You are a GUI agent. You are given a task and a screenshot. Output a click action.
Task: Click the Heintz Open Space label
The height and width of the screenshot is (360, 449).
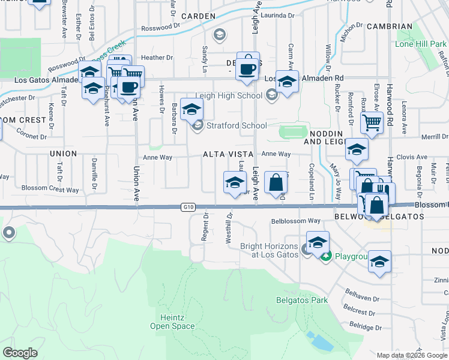coord(173,322)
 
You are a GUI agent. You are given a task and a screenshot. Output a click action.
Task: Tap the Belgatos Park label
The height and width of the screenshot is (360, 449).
coord(294,299)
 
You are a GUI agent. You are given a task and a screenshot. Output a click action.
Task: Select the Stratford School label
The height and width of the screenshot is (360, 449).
coord(237,125)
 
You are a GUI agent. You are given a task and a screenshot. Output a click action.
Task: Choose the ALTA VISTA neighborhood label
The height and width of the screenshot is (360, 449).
coord(228,154)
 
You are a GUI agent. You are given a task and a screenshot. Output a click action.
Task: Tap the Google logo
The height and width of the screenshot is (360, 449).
coord(20,353)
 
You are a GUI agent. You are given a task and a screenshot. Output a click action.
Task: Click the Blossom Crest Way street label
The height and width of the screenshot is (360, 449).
coord(50,190)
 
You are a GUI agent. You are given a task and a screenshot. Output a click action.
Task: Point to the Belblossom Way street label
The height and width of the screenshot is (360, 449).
coord(295,221)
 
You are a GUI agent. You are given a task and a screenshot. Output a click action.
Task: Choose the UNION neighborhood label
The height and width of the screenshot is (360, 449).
coord(63,154)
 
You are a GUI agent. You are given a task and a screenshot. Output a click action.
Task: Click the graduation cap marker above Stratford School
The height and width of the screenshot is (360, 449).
coord(191,109)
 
